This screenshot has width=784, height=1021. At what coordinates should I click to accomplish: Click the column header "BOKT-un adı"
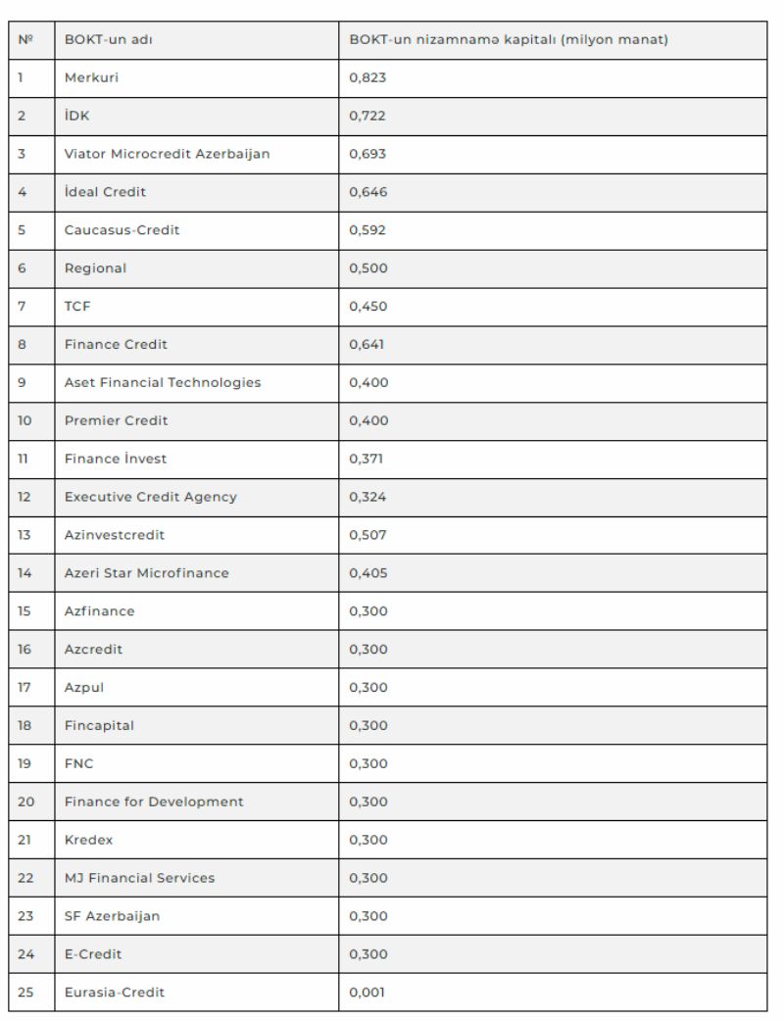click(108, 40)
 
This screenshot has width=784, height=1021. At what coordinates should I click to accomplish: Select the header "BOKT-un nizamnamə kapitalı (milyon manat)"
click(509, 40)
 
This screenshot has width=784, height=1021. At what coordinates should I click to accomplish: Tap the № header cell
click(25, 40)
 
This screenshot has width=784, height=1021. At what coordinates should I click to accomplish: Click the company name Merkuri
click(91, 78)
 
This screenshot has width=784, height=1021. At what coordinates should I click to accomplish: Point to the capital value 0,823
click(368, 78)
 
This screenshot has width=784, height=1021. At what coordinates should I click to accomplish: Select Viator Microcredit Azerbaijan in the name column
click(167, 154)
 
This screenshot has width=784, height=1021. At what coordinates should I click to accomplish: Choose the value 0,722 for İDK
click(368, 116)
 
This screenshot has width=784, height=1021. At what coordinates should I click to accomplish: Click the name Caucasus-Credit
click(122, 230)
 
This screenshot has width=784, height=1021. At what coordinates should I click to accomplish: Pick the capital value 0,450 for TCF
click(368, 307)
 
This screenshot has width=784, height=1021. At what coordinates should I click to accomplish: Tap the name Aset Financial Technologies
click(163, 382)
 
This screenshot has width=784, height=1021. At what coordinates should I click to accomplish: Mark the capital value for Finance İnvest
click(367, 459)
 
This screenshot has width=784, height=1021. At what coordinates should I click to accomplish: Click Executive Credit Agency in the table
click(151, 497)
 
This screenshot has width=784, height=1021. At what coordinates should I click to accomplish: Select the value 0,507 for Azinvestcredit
click(368, 535)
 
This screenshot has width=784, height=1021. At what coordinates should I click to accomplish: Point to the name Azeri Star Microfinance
click(147, 573)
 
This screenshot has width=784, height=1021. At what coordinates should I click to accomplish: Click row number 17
click(24, 688)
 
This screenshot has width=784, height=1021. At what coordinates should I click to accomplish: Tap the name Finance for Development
click(154, 802)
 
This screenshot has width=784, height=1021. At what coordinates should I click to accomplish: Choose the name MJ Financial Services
click(139, 878)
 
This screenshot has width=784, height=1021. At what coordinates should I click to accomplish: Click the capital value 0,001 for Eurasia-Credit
click(367, 993)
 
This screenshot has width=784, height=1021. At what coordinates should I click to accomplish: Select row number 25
click(25, 993)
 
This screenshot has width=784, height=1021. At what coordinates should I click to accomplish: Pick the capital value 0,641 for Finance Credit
click(367, 344)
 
